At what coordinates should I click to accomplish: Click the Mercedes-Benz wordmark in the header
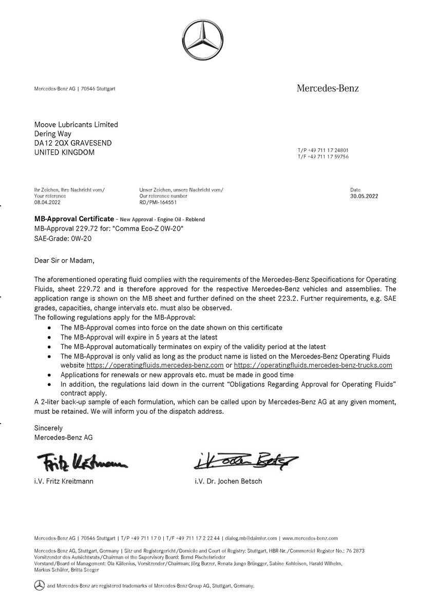328,88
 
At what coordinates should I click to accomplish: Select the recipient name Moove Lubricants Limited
76,124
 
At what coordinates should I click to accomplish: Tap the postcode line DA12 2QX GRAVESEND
72,143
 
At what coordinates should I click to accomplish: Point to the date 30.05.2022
364,196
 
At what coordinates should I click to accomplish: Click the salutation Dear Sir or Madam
65,260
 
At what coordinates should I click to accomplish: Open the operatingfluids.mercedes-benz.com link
155,365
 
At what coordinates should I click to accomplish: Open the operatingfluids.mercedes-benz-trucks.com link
313,365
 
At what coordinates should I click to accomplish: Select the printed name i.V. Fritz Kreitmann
64,482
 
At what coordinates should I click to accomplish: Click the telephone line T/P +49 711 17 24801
323,150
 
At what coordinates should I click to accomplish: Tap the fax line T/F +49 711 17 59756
323,157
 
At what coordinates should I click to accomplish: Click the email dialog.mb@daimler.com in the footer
251,538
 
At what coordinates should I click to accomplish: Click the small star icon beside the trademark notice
39,585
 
